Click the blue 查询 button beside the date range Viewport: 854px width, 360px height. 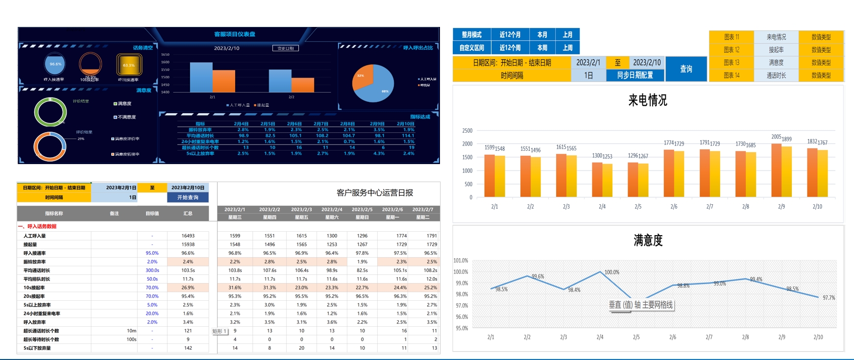(x=686, y=69)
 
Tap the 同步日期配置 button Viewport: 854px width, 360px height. (x=635, y=75)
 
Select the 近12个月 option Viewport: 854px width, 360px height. (x=510, y=35)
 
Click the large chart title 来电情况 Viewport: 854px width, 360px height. (x=648, y=100)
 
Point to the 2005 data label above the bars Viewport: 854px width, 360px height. (x=776, y=137)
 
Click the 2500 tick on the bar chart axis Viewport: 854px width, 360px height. (x=467, y=131)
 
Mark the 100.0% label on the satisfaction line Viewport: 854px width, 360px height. (x=612, y=272)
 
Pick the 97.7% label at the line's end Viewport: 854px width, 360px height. (x=829, y=298)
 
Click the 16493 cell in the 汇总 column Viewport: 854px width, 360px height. (x=188, y=236)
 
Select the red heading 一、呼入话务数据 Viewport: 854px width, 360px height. (x=37, y=226)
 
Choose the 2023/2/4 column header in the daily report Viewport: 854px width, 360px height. (x=332, y=210)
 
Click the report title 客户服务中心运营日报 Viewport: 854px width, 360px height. (x=375, y=193)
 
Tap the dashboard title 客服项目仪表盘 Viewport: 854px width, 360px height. (x=235, y=34)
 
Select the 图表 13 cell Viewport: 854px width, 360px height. (x=731, y=63)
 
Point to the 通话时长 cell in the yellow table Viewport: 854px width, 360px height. (x=776, y=75)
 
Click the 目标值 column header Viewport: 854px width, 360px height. (x=152, y=214)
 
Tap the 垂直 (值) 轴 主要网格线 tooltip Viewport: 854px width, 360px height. (x=641, y=305)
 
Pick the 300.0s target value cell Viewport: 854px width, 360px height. (x=152, y=270)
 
